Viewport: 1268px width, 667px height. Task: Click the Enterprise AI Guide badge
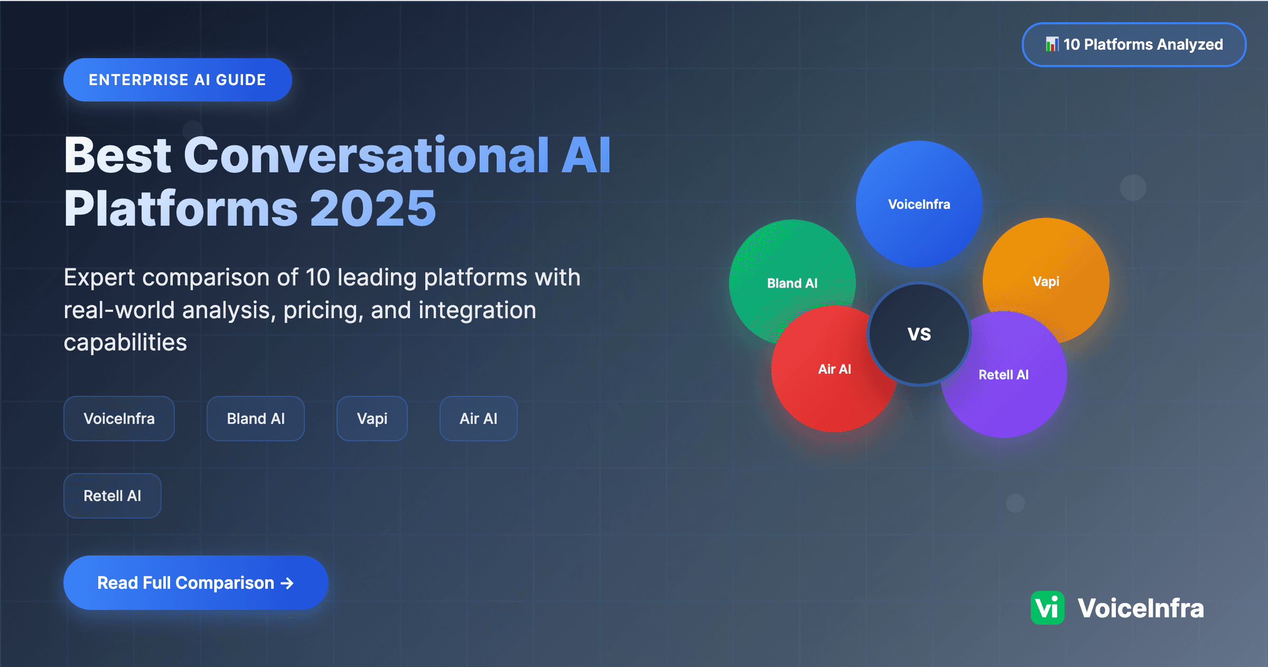(178, 80)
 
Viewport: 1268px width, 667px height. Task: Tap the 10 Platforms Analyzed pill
(1134, 44)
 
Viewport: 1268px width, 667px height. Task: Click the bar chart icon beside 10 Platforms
(1051, 44)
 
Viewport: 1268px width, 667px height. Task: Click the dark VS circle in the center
(919, 334)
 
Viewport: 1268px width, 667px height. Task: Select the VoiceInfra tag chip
(119, 419)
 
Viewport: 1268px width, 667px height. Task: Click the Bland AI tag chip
(256, 419)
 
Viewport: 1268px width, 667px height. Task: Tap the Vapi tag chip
(372, 419)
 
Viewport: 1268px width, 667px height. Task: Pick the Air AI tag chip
(478, 419)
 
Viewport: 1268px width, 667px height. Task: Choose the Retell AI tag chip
(112, 496)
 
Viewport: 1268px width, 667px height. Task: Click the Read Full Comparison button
(195, 582)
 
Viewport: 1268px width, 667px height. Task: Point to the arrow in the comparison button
(287, 583)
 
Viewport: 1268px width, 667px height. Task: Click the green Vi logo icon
(1047, 608)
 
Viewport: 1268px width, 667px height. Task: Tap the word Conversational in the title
(366, 155)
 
